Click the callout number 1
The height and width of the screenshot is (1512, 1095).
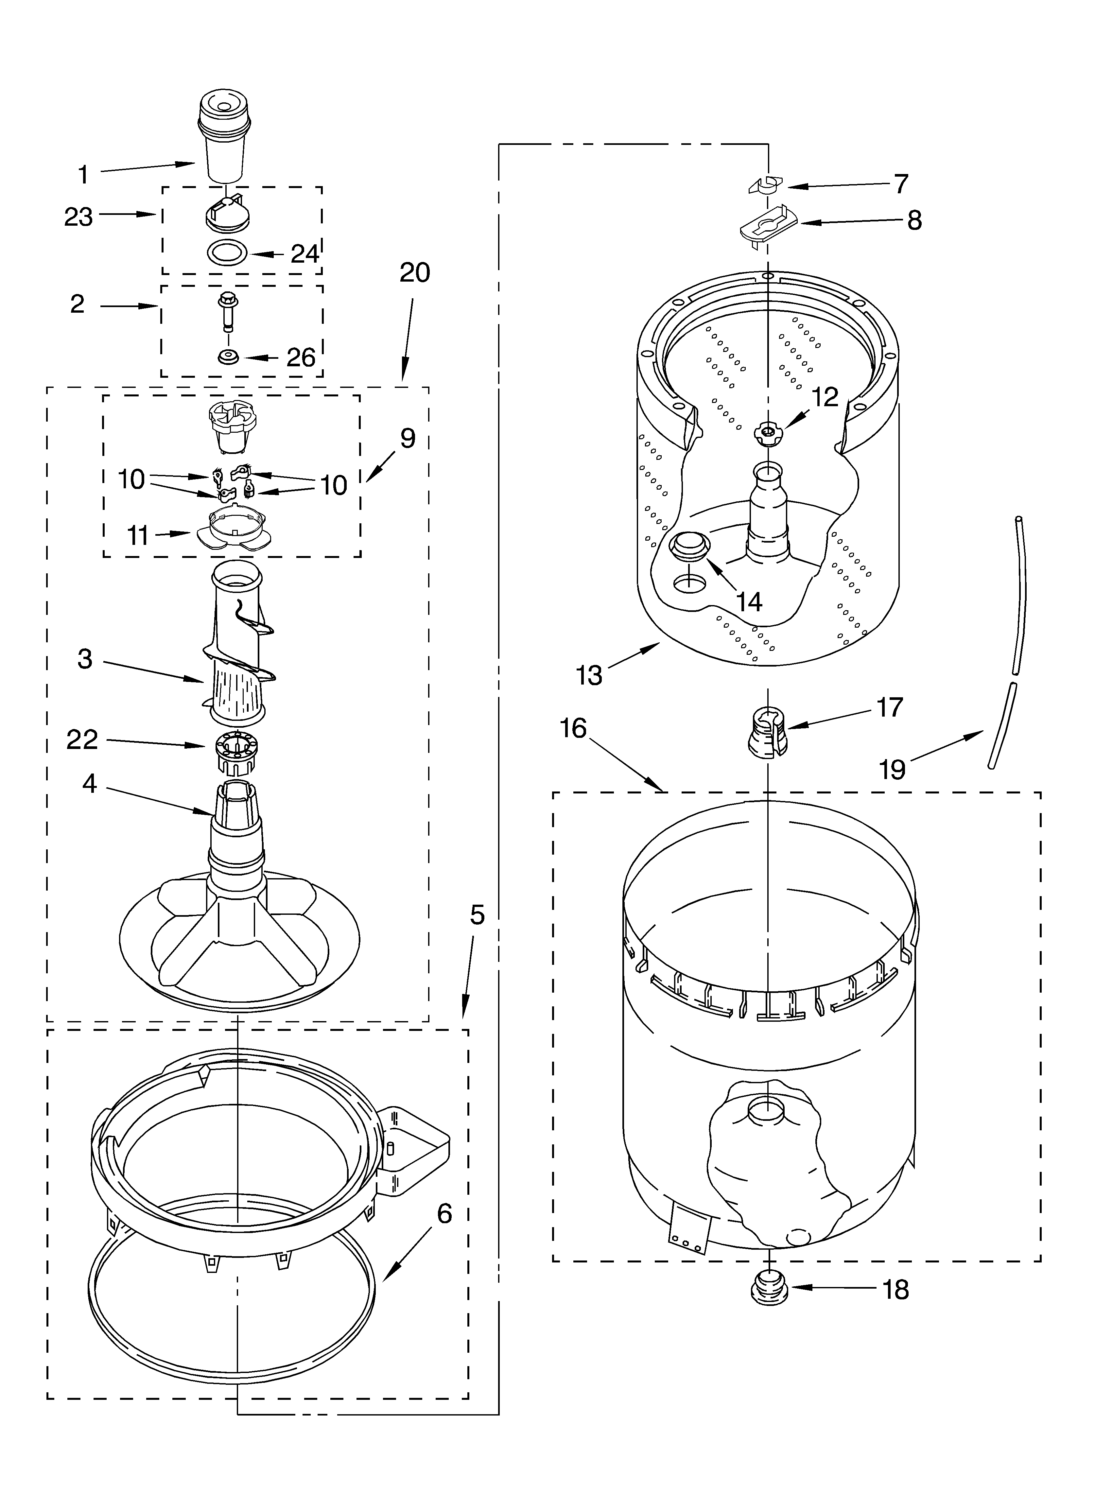tap(83, 175)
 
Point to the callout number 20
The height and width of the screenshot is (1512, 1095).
tap(415, 273)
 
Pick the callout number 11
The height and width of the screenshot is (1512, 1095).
tap(138, 535)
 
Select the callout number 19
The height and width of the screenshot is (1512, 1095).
tap(892, 770)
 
